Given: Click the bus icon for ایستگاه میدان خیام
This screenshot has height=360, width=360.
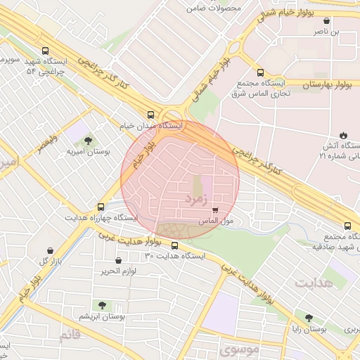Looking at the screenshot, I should click(150, 114).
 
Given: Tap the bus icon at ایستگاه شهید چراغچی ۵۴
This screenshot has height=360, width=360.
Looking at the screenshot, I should click(46, 51).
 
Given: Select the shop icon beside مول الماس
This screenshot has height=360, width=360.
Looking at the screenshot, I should click(214, 210).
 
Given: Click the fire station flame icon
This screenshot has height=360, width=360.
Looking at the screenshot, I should click(342, 134).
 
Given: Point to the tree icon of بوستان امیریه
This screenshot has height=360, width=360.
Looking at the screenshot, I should click(87, 141).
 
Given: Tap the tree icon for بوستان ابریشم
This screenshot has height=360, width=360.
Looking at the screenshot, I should click(103, 305).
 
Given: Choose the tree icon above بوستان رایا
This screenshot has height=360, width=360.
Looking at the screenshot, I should click(309, 318).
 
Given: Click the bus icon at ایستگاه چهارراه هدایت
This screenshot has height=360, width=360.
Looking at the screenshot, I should click(101, 207).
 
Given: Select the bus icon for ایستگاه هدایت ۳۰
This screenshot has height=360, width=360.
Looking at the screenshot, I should click(174, 245).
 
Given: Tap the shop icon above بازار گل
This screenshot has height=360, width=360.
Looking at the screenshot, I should click(49, 250).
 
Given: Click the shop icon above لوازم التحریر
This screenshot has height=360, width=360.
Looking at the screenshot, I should click(118, 260).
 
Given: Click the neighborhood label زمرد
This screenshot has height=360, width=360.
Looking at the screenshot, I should click(196, 200).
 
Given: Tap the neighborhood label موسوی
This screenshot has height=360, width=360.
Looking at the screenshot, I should click(238, 348).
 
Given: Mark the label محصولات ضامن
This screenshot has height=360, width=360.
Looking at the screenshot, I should click(214, 8).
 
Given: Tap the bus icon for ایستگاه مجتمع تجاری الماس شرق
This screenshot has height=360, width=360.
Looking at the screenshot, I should click(261, 72).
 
